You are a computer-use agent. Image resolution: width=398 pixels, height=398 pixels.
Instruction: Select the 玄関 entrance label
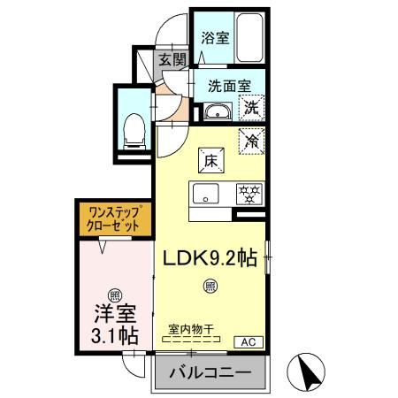click(172, 60)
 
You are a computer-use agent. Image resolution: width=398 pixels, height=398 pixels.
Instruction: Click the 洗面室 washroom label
click(229, 87)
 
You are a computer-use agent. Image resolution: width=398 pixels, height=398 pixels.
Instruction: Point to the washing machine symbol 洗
click(252, 110)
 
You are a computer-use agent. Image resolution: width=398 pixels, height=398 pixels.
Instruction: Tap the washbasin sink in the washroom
click(217, 112)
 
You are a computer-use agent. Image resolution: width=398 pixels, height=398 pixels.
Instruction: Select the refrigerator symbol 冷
click(252, 139)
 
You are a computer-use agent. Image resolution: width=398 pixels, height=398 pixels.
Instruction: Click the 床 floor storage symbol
click(211, 161)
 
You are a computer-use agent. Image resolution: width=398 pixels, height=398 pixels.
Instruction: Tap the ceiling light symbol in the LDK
click(210, 285)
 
